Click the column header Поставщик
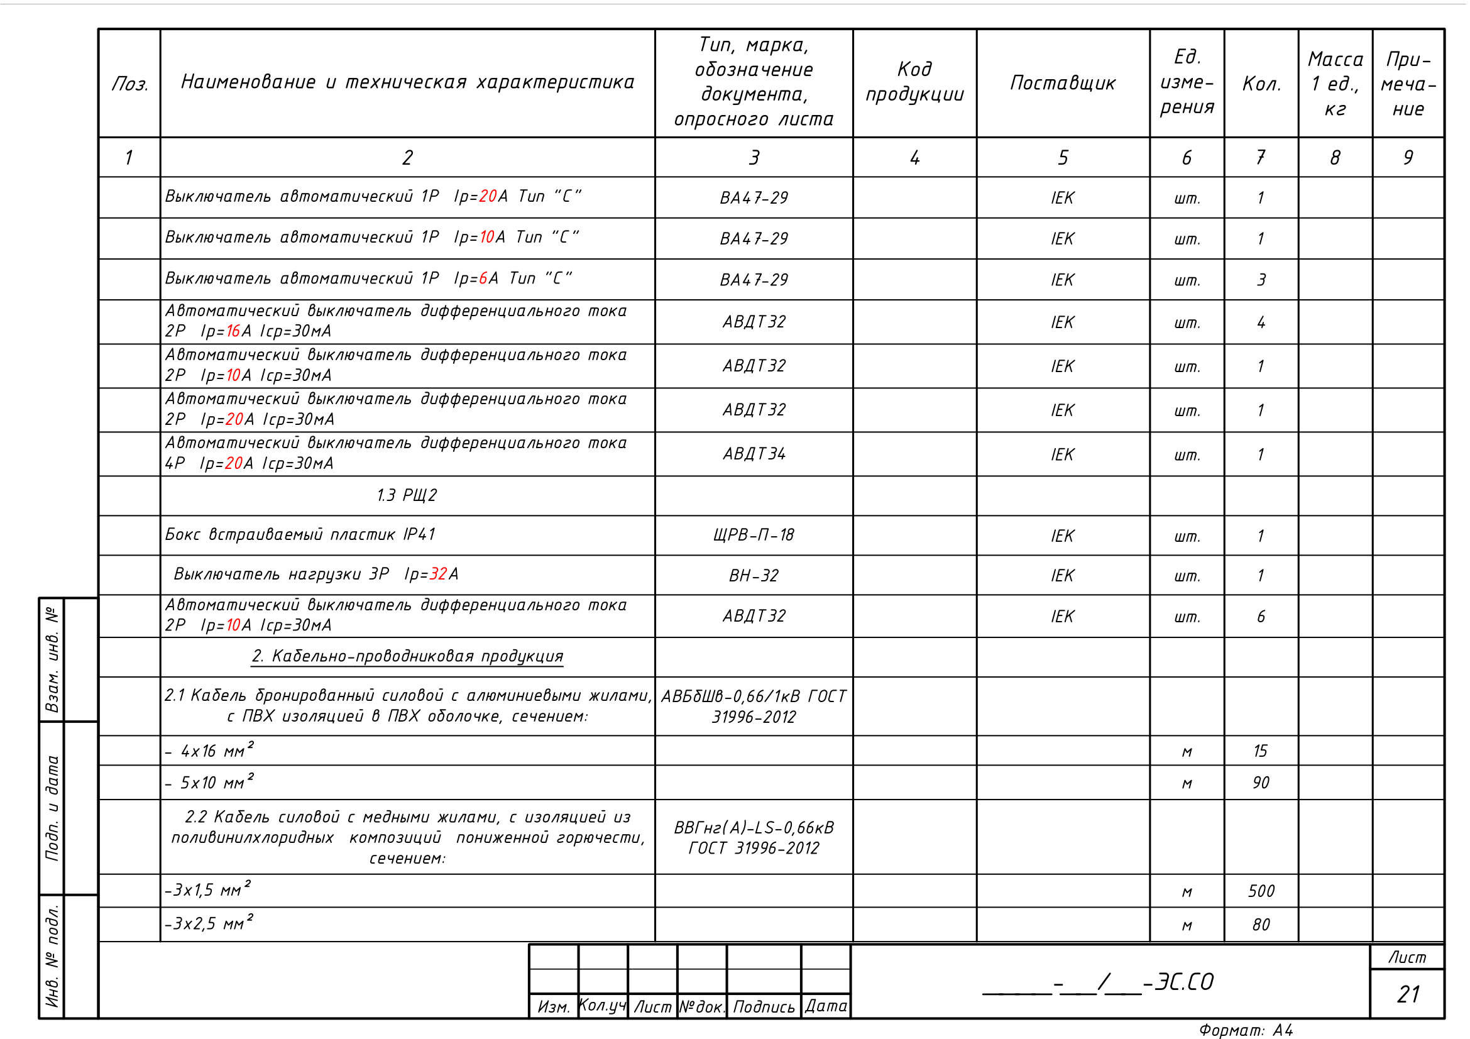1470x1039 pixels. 1062,83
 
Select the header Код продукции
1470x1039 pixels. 914,82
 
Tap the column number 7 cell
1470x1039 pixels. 1260,158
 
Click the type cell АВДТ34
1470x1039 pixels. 754,454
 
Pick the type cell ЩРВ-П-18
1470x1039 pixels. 754,535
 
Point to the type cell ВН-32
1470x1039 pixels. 754,576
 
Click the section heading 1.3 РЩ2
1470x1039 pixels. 407,495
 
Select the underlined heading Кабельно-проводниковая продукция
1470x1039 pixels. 407,656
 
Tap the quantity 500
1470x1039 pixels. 1261,891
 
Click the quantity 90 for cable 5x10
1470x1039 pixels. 1261,783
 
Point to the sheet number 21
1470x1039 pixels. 1408,994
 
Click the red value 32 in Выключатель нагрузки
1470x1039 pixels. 438,574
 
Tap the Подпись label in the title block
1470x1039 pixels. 763,1007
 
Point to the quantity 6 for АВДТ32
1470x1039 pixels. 1261,617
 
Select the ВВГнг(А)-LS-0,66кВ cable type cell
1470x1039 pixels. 754,837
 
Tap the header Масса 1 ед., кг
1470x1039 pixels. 1335,83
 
